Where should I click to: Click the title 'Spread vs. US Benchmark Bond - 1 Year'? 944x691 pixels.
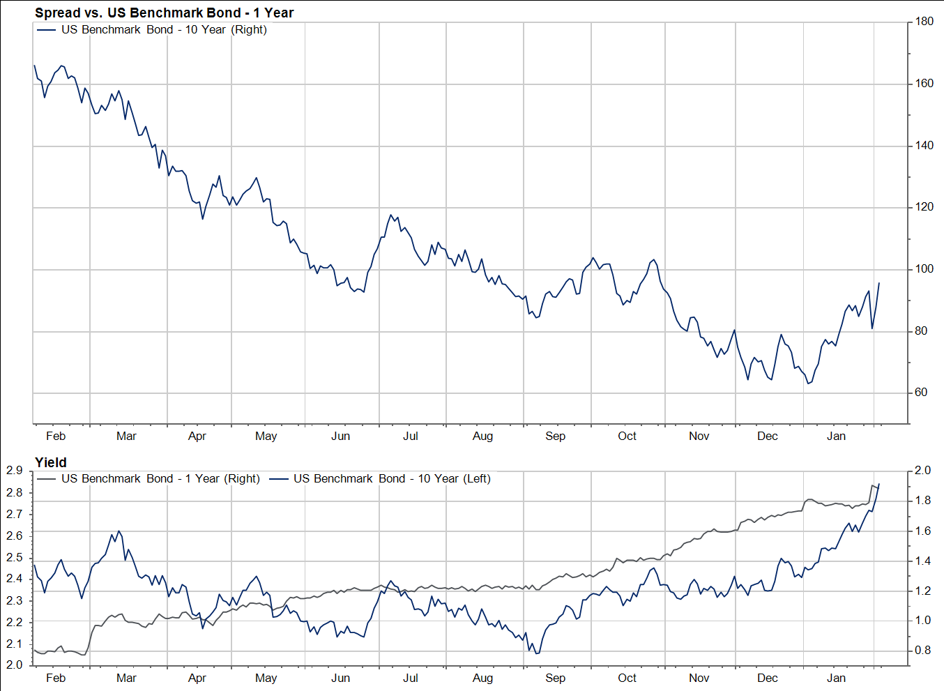(x=164, y=13)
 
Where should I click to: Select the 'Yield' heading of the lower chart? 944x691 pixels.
(x=51, y=462)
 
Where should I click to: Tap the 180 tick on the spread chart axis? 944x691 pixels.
(x=924, y=22)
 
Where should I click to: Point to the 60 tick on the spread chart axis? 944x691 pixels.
(x=921, y=393)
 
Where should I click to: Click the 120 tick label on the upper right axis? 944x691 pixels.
(x=924, y=207)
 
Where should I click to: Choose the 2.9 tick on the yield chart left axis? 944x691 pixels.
(x=14, y=471)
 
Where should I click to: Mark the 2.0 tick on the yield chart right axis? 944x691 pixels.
(x=923, y=471)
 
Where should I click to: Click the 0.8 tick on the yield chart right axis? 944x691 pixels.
(x=923, y=651)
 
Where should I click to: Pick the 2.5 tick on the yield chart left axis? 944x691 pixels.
(x=14, y=558)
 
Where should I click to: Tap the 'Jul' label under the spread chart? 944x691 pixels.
(x=411, y=436)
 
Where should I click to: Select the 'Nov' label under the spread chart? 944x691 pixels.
(x=699, y=436)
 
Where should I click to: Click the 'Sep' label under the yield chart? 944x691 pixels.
(x=555, y=678)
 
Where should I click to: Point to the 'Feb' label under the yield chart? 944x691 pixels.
(x=56, y=678)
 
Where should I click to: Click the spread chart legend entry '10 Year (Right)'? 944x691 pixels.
(x=164, y=29)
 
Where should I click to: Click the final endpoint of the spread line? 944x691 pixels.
(x=879, y=283)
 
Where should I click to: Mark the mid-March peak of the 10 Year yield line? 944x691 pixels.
(x=119, y=531)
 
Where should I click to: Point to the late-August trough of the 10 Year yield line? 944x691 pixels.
(x=536, y=653)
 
